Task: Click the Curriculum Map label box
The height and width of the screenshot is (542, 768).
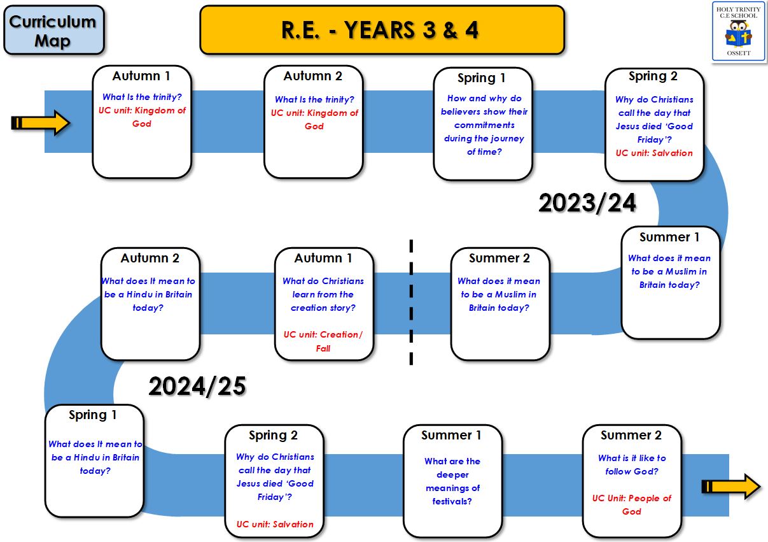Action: pyautogui.click(x=54, y=30)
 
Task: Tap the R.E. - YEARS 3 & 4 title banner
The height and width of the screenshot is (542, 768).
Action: pyautogui.click(x=382, y=30)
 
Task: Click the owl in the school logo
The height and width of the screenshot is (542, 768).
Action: pyautogui.click(x=739, y=34)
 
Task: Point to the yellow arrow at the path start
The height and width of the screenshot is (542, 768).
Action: pyautogui.click(x=41, y=122)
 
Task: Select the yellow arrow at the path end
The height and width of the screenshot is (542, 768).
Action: pyautogui.click(x=731, y=486)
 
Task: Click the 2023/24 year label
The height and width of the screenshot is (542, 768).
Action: pyautogui.click(x=587, y=203)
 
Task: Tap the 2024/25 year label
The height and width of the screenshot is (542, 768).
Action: pyautogui.click(x=197, y=386)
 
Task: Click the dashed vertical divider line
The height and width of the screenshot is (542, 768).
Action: pyautogui.click(x=411, y=302)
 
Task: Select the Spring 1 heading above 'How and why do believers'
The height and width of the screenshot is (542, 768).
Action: pyautogui.click(x=482, y=78)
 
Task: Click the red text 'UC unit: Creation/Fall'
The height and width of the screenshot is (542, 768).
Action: pyautogui.click(x=323, y=341)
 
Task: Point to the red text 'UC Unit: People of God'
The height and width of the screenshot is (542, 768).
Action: pyautogui.click(x=632, y=504)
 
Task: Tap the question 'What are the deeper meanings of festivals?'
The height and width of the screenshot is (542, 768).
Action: pyautogui.click(x=452, y=481)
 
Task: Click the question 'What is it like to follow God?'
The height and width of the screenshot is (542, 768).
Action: pyautogui.click(x=632, y=464)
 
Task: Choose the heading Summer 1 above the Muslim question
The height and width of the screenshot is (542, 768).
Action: pyautogui.click(x=669, y=237)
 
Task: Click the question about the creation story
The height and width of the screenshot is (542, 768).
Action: pyautogui.click(x=323, y=294)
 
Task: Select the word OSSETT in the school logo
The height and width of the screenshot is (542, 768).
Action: pyautogui.click(x=739, y=53)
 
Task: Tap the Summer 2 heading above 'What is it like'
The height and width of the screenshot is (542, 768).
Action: pyautogui.click(x=631, y=435)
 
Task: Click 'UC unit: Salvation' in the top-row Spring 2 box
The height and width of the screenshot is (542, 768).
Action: pyautogui.click(x=654, y=153)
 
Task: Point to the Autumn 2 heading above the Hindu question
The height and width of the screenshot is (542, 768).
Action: pyautogui.click(x=150, y=258)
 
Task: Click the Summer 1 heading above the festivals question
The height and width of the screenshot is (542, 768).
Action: pyautogui.click(x=451, y=435)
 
